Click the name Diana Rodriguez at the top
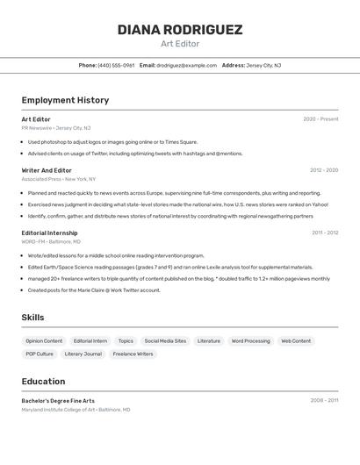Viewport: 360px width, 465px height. tap(180, 30)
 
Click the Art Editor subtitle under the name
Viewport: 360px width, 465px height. tap(180, 44)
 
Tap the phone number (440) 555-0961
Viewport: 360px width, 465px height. tap(116, 65)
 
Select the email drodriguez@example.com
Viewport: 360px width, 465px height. tap(186, 65)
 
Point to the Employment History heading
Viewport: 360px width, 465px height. tap(65, 100)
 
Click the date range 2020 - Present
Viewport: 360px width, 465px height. tap(320, 118)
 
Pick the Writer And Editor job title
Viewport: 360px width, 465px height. tap(47, 170)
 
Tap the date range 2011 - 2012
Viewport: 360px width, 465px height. tap(325, 232)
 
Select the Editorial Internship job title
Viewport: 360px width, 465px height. tap(50, 232)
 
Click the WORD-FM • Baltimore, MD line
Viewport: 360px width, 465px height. tap(51, 241)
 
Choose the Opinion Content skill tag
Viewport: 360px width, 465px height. tap(44, 340)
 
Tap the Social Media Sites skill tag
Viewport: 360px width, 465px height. tap(165, 340)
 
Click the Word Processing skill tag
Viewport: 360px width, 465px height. tap(250, 340)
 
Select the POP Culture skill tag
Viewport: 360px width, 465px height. tap(40, 354)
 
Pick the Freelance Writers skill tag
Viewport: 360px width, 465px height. tap(133, 354)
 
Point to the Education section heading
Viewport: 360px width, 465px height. tap(43, 382)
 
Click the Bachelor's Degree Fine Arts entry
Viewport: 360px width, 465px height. tap(58, 400)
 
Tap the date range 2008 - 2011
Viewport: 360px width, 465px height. tap(324, 400)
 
